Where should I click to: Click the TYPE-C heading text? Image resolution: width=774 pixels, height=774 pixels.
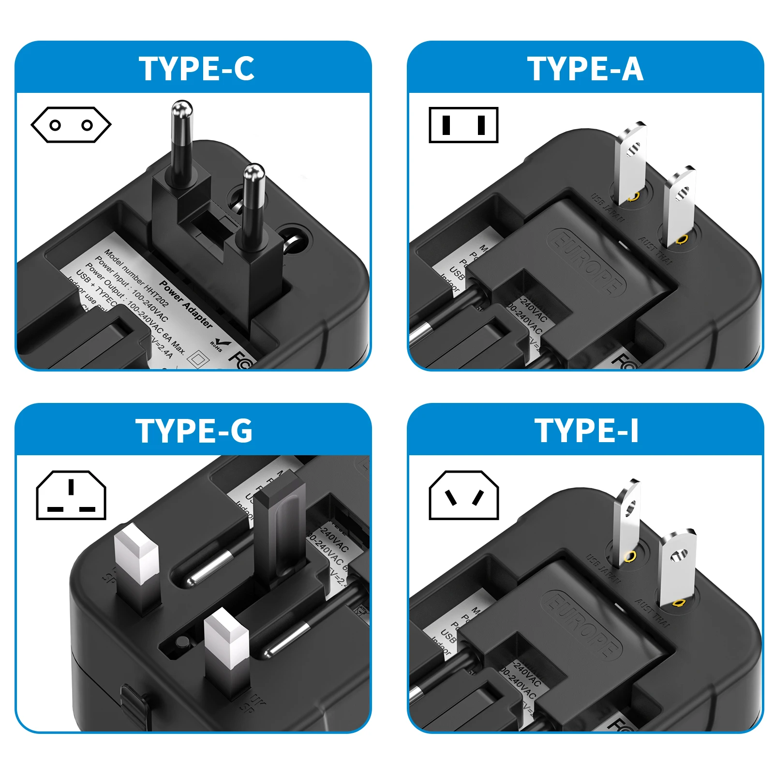tap(196, 69)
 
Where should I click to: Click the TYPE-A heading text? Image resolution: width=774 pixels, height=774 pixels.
tap(585, 69)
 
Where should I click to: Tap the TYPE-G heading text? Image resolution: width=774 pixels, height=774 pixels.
tap(194, 431)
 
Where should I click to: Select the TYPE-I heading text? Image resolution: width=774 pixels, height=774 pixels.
tap(586, 431)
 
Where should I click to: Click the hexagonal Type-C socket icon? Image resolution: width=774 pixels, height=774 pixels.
tap(71, 125)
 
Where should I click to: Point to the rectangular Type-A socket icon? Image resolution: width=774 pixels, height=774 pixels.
tap(463, 125)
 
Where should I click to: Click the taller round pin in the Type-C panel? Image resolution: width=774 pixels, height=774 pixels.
tap(181, 145)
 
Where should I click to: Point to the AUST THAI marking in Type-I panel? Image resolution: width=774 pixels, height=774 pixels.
tap(653, 613)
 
